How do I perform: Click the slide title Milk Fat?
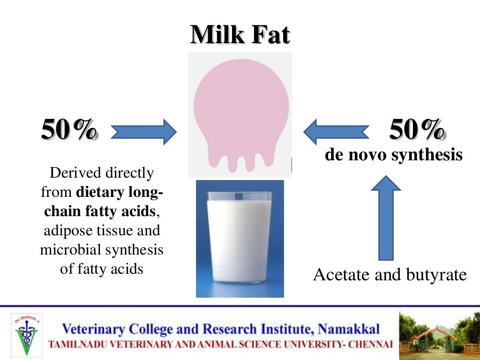[x=240, y=35]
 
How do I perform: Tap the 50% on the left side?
[x=70, y=130]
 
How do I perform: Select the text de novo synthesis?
[x=394, y=155]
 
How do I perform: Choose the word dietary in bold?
[x=99, y=192]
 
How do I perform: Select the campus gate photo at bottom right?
[x=438, y=333]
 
